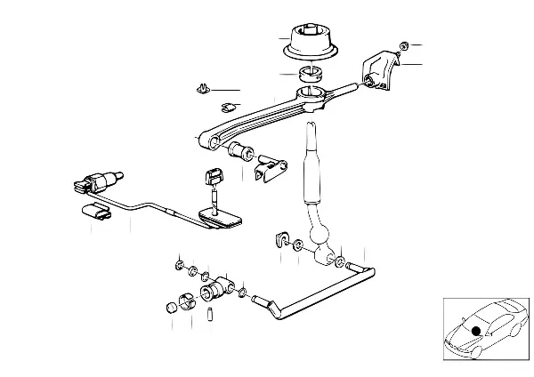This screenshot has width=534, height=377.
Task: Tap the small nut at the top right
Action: [x=403, y=45]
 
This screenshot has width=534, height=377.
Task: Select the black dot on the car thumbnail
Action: [x=476, y=332]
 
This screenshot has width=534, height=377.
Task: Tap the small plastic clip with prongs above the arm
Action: [x=201, y=89]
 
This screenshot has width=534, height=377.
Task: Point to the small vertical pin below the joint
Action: [x=211, y=314]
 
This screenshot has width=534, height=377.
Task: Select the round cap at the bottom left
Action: [x=172, y=308]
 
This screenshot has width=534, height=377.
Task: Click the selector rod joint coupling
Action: [x=217, y=290]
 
